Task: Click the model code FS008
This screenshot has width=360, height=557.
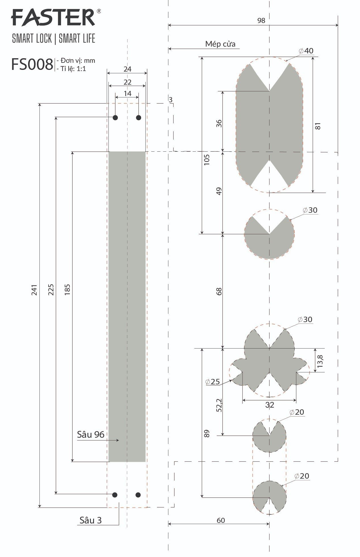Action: pos(32,64)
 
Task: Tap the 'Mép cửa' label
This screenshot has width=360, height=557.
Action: pos(220,44)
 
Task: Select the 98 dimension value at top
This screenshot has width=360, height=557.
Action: pos(261,20)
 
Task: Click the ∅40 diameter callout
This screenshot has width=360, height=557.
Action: pos(306,51)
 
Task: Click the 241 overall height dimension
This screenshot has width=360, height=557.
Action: pos(34,290)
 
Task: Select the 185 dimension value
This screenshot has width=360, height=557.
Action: pos(67,290)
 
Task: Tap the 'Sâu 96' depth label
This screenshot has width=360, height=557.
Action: pos(91,435)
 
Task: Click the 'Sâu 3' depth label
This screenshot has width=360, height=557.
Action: pos(90,520)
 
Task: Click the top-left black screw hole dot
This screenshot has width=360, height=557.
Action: pos(115,118)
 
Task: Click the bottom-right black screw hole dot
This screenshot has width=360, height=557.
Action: pos(138,495)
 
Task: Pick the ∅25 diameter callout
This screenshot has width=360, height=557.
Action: pos(213,382)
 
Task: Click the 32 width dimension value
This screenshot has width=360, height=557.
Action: pos(269,405)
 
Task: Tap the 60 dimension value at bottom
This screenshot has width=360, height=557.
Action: pos(221,520)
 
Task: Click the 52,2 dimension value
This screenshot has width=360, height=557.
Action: pos(219,405)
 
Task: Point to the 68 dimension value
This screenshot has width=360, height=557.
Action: pos(219,291)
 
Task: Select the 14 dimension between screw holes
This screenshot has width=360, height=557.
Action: pos(127,93)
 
